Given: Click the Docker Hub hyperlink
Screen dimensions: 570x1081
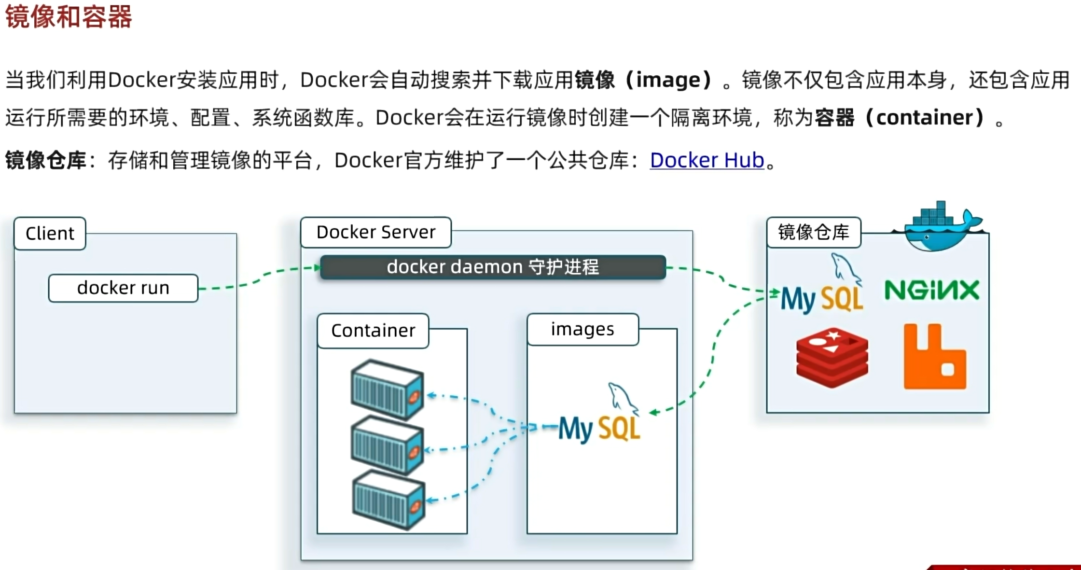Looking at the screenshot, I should coord(707,161).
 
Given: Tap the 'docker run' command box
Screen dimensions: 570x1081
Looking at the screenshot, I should coord(123,288).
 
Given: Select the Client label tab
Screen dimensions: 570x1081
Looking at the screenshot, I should coord(50,234).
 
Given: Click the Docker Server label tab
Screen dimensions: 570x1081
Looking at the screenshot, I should coord(375,233).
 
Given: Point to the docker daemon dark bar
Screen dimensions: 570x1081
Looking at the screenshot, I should coord(493,267).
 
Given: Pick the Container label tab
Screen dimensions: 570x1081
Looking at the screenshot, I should coord(373,331).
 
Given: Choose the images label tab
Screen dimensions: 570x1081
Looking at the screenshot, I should coord(582,330).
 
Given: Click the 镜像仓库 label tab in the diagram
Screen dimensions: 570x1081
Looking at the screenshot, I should coord(814,233).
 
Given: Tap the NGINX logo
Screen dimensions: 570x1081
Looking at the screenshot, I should coord(932,290).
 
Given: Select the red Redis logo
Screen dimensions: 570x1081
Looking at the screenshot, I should coord(832,358).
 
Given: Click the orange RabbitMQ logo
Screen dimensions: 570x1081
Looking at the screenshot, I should coord(934,357).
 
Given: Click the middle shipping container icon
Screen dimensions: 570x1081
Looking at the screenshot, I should coord(388,445).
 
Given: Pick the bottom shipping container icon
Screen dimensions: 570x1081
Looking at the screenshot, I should coord(388,500).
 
